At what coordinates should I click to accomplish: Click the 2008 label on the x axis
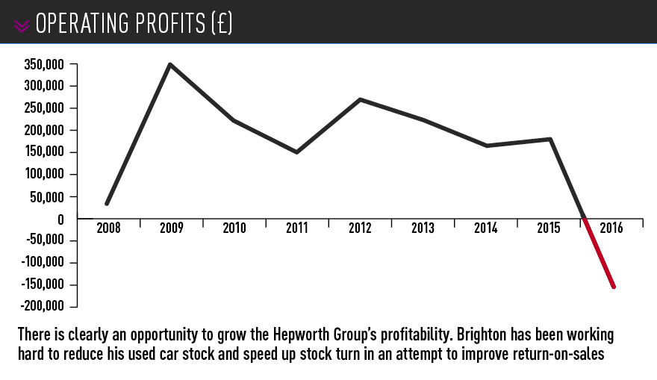click(108, 228)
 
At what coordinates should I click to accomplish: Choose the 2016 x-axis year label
click(611, 228)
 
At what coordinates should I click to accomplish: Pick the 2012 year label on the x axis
click(360, 228)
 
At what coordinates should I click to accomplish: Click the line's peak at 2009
click(170, 65)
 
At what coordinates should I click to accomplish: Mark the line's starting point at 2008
click(107, 203)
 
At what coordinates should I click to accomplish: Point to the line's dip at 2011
click(296, 152)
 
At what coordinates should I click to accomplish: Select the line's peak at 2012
click(360, 99)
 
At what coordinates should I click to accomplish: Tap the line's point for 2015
click(550, 139)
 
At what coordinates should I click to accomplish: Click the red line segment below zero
click(600, 253)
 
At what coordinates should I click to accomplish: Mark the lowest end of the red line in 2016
click(614, 286)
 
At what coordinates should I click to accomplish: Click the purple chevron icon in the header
click(22, 25)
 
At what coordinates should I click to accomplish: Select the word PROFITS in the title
click(149, 24)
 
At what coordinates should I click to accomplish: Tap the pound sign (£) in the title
click(219, 24)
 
